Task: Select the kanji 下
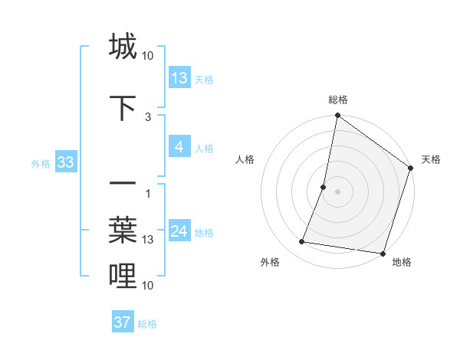[x=123, y=108]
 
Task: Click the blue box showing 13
[x=179, y=78]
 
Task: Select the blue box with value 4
[x=179, y=147]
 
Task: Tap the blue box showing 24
[x=179, y=231]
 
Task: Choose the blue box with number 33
[x=65, y=162]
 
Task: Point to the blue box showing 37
[x=123, y=322]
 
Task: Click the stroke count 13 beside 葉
[x=148, y=240]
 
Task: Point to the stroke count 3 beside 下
[x=148, y=116]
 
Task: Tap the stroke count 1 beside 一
[x=148, y=192]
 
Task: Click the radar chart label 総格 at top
[x=338, y=100]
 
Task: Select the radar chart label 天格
[x=431, y=159]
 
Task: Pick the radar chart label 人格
[x=245, y=159]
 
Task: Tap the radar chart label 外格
[x=270, y=262]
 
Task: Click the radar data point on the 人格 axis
[x=324, y=187]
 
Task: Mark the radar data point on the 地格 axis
[x=382, y=253]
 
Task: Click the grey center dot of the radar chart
[x=338, y=191]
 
